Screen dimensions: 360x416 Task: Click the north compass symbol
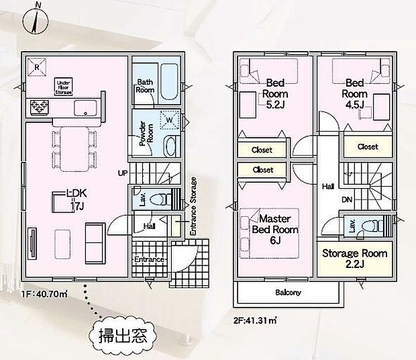click(34, 19)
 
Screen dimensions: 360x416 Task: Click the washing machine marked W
click(168, 121)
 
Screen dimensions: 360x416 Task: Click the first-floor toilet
click(159, 199)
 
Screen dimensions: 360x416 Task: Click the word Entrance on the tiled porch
click(149, 259)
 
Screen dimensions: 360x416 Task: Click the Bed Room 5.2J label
click(275, 94)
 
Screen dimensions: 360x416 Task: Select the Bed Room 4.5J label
click(354, 94)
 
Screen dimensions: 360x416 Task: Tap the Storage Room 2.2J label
click(355, 259)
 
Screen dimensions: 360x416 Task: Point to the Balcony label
click(288, 293)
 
